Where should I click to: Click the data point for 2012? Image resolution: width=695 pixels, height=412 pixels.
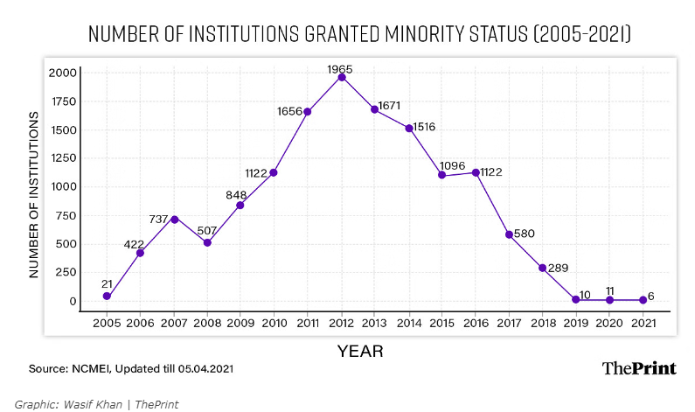[x=341, y=77]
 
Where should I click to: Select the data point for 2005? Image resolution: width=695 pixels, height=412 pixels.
[x=107, y=297]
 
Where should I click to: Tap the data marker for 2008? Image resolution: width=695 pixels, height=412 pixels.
[x=207, y=242]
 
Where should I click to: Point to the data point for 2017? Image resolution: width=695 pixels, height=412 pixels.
[x=509, y=234]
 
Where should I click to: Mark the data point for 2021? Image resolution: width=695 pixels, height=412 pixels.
[x=643, y=300]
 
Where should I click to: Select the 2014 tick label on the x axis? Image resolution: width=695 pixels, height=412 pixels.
[x=408, y=322]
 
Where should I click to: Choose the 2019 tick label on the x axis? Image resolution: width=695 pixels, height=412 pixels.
[x=575, y=322]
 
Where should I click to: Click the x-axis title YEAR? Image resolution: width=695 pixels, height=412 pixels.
[x=360, y=351]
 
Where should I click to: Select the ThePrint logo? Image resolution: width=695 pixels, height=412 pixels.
[x=639, y=368]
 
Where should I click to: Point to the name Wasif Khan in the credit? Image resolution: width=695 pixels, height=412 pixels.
[x=108, y=404]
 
